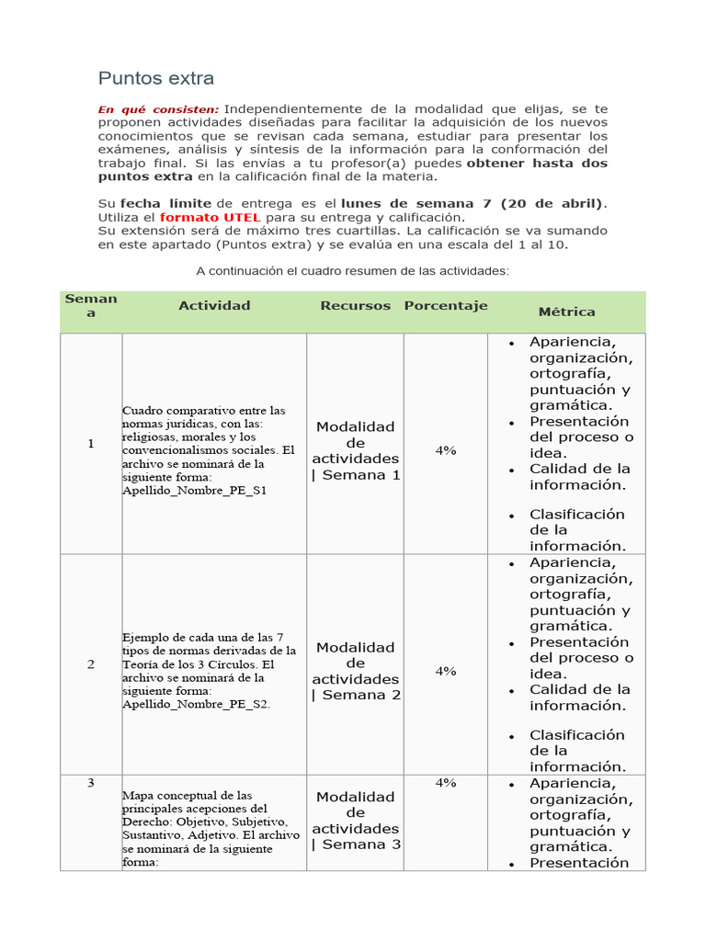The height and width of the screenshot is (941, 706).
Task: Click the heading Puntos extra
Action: (x=156, y=78)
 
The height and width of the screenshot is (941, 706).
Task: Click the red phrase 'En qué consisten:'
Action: (x=158, y=109)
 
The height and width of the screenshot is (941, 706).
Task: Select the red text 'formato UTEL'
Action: (x=211, y=217)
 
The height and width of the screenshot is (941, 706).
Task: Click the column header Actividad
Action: (x=214, y=305)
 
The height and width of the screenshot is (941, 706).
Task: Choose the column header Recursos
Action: (x=355, y=305)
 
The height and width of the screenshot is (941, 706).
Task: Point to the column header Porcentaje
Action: (x=446, y=305)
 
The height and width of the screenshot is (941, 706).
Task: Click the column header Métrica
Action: (x=566, y=312)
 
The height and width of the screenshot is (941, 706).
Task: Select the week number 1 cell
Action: (x=91, y=444)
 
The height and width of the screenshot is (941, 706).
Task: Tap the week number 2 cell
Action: (x=91, y=664)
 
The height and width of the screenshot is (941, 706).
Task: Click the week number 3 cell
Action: (x=91, y=783)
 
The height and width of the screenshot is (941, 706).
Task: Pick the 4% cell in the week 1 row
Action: (x=446, y=450)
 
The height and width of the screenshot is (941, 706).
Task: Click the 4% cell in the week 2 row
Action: (x=446, y=671)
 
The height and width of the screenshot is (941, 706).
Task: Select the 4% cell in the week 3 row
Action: (x=446, y=783)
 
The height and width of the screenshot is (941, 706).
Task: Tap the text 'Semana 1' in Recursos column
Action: (x=360, y=475)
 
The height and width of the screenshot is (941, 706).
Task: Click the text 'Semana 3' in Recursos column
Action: (x=360, y=845)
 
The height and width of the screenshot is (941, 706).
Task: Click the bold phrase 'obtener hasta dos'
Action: (x=537, y=163)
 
